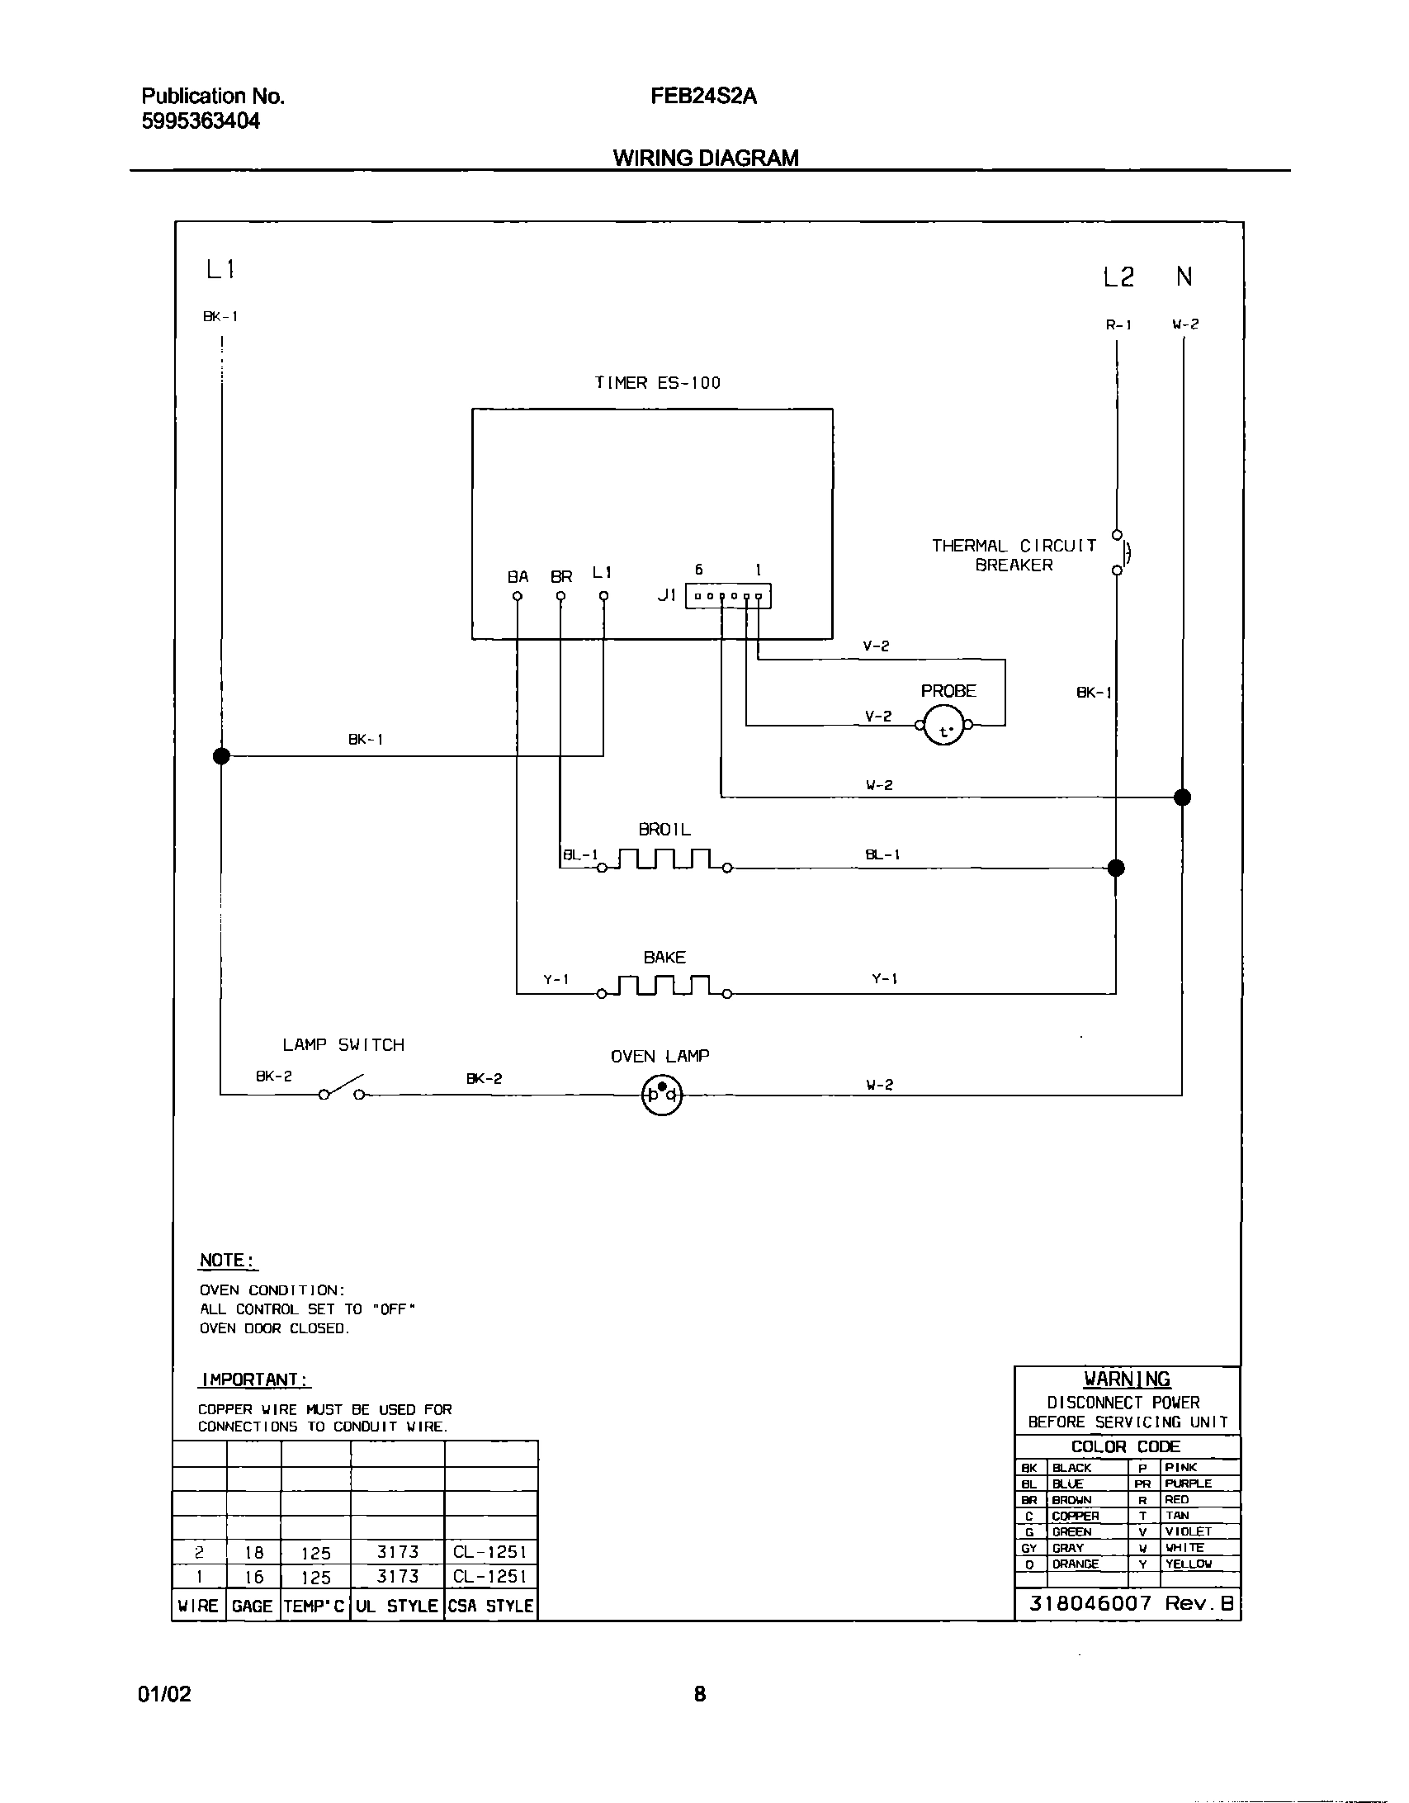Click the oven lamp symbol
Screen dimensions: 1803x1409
pos(662,1096)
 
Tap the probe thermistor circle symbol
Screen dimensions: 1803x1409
pos(944,726)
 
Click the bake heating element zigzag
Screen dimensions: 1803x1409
pos(664,986)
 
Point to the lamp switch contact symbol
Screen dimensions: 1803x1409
pos(342,1088)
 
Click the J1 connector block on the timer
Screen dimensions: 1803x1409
pos(728,596)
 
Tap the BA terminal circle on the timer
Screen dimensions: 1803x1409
pos(518,596)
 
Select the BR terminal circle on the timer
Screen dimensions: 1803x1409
pos(560,596)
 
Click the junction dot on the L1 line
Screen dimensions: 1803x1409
pos(221,755)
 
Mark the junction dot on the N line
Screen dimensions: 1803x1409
pos(1182,797)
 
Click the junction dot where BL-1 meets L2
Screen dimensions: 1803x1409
pos(1116,868)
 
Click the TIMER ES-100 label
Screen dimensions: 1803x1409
pos(658,383)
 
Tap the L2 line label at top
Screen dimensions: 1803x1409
pos(1118,278)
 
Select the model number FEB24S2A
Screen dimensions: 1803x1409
pos(703,97)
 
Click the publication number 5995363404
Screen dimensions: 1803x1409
pos(201,121)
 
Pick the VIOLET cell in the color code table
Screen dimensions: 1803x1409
pos(1189,1531)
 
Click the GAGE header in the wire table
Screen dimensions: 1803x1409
pos(253,1607)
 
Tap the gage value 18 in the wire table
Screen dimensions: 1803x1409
pos(254,1553)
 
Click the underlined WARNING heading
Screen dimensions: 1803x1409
pos(1127,1379)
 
